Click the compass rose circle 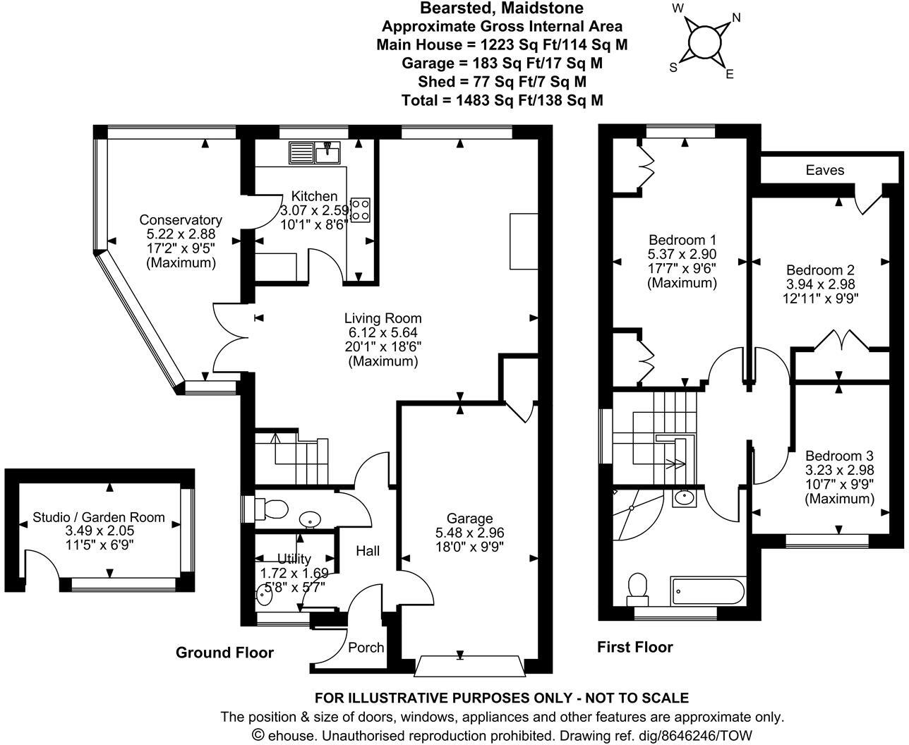click(702, 42)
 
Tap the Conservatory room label click(181, 219)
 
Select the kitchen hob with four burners click(361, 208)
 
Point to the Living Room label click(383, 318)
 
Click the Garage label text click(469, 519)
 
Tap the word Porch click(366, 647)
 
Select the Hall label click(367, 550)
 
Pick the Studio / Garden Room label click(99, 517)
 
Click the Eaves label click(824, 170)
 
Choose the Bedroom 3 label click(839, 456)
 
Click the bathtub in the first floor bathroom click(708, 590)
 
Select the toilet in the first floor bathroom click(638, 587)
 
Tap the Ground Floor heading click(224, 653)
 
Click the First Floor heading click(635, 647)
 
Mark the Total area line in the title click(502, 100)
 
